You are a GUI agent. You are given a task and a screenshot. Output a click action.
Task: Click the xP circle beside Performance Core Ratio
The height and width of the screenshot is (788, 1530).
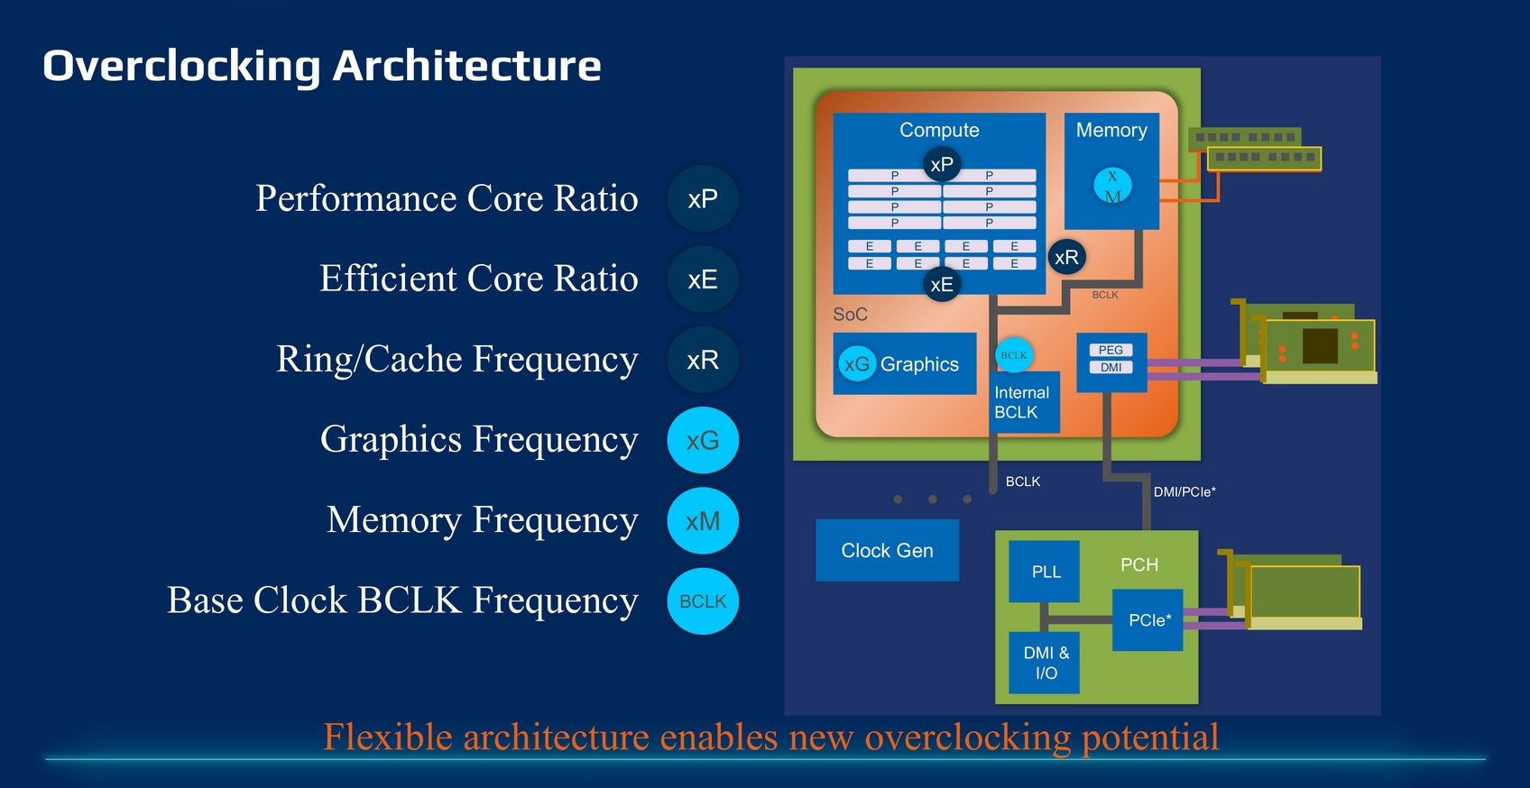(x=703, y=199)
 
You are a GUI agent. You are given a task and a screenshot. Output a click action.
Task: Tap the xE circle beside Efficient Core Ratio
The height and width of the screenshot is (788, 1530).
(x=703, y=279)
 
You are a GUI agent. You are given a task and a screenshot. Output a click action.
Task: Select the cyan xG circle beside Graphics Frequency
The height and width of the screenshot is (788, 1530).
(x=703, y=440)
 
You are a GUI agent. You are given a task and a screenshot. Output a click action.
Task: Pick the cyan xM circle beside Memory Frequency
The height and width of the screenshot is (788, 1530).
(x=703, y=521)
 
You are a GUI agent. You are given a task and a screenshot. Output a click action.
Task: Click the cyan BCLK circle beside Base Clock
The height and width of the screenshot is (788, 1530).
(x=703, y=601)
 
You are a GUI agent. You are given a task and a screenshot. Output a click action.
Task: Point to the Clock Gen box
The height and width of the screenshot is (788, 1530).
(x=887, y=550)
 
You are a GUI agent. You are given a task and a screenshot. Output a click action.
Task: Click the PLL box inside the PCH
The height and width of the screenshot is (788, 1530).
(x=1045, y=572)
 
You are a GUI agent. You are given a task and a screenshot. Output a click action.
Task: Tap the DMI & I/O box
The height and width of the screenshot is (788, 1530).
(x=1045, y=663)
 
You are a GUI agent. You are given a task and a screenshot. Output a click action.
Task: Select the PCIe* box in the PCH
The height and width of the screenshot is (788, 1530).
(x=1148, y=620)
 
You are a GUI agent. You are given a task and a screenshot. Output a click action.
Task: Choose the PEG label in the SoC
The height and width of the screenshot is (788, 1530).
(x=1111, y=350)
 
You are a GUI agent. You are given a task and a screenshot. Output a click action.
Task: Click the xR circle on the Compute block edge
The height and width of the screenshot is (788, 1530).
(x=1066, y=258)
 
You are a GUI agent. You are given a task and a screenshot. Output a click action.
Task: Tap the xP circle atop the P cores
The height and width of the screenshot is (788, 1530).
(x=941, y=164)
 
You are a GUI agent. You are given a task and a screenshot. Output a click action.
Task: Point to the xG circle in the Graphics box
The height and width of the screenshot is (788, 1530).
(x=857, y=364)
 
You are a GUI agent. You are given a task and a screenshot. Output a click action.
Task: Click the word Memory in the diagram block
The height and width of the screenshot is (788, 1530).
(x=1111, y=130)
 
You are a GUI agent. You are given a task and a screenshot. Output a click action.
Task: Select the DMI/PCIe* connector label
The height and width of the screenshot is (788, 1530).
(x=1184, y=491)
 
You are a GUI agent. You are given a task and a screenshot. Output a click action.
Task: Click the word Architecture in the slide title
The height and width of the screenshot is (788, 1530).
(x=466, y=66)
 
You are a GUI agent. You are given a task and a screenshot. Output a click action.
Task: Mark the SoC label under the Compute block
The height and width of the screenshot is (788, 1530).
(x=850, y=315)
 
